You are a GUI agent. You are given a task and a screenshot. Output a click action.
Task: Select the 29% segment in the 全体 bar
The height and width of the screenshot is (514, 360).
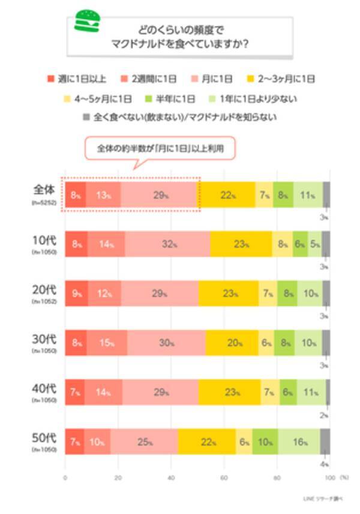(x=159, y=194)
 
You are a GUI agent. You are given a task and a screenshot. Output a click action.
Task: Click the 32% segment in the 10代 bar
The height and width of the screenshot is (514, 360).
(x=167, y=245)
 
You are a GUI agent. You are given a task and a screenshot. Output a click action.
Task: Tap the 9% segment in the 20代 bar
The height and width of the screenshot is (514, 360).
(x=76, y=294)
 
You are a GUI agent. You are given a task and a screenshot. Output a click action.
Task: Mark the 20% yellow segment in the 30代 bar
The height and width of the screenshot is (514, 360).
(x=232, y=344)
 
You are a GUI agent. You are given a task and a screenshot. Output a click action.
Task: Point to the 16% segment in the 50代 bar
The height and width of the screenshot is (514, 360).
(x=299, y=443)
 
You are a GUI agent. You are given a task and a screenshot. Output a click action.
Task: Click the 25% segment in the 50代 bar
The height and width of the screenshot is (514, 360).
(x=144, y=443)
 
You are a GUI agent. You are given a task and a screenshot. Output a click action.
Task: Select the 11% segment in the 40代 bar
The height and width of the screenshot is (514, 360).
(x=311, y=393)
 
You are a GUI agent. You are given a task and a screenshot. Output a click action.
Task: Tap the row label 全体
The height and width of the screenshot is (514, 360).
(x=43, y=191)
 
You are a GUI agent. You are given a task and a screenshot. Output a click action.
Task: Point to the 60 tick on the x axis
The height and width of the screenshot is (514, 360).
(x=223, y=478)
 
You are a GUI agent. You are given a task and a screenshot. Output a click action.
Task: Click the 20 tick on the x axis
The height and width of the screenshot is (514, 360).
(x=118, y=478)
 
